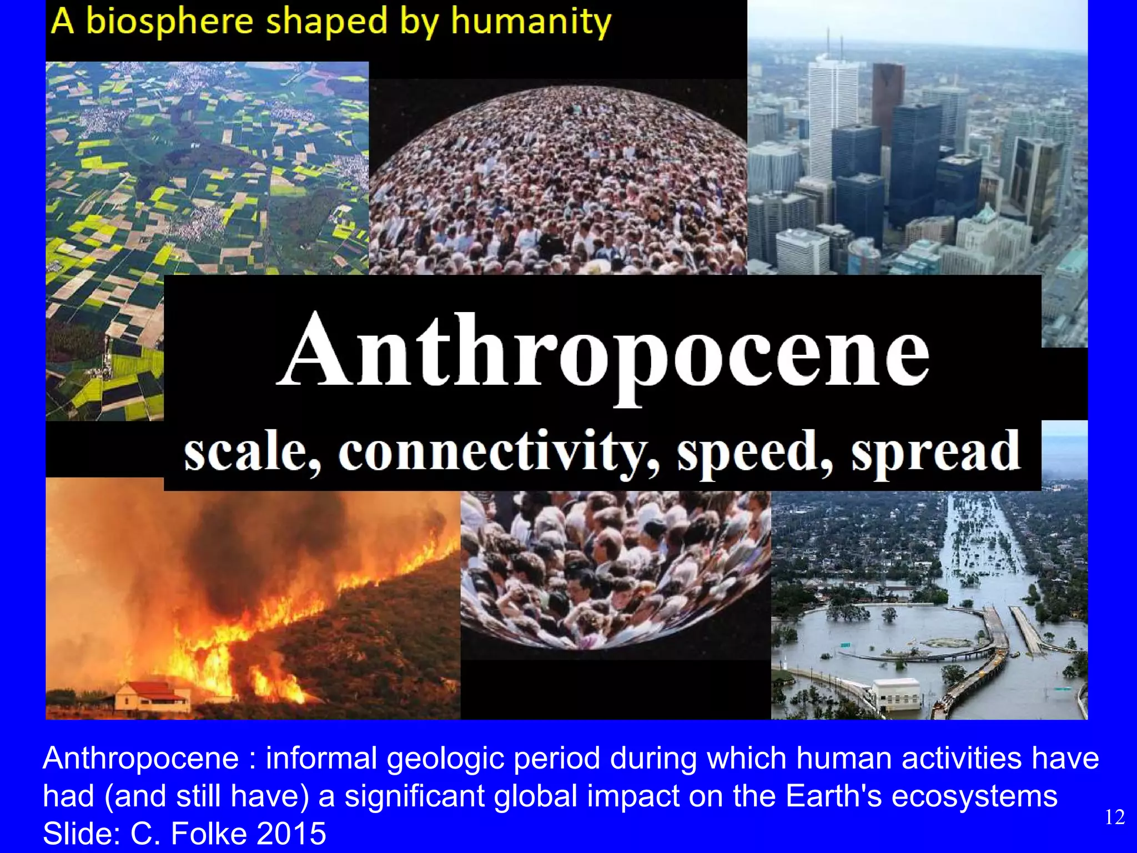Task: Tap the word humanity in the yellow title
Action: point(531,22)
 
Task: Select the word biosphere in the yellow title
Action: point(169,22)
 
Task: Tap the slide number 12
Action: point(1115,817)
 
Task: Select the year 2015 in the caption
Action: point(292,833)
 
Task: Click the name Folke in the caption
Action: point(209,833)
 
